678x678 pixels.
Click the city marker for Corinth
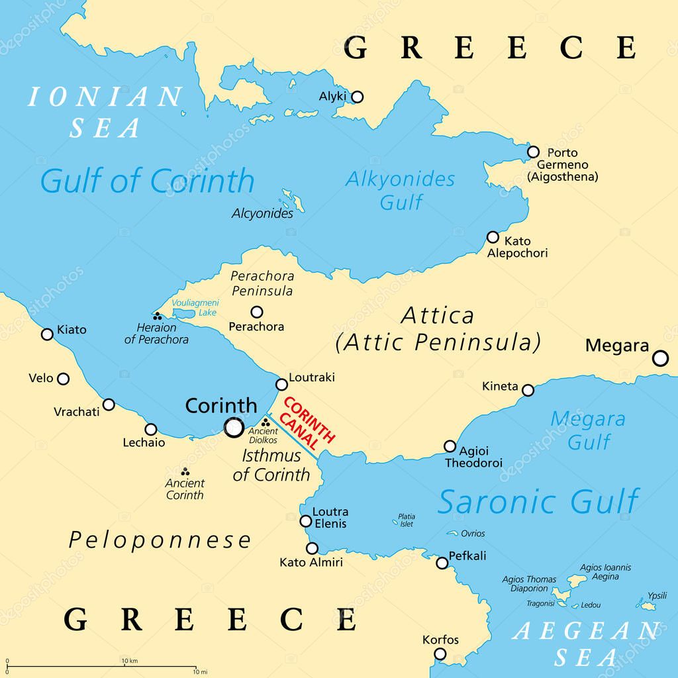tap(234, 428)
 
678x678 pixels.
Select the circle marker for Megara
tap(660, 358)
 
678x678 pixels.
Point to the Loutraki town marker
tap(281, 384)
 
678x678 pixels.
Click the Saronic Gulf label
tap(538, 501)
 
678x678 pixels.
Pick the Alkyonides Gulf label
tap(401, 190)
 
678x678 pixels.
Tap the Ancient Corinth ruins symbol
tap(185, 471)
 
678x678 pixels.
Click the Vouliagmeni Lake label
tap(194, 307)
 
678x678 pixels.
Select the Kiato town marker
tap(47, 334)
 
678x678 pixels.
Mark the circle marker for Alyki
tap(357, 97)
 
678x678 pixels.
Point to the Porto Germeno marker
tap(533, 152)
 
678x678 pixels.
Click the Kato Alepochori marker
tap(493, 237)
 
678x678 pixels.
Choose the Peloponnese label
tap(160, 540)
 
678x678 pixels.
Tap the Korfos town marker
tap(440, 654)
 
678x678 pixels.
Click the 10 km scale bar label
tap(130, 661)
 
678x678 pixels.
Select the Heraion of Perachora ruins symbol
tap(158, 317)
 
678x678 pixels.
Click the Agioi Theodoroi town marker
tap(450, 446)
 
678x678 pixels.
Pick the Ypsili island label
tap(657, 595)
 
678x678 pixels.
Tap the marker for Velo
tap(63, 379)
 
